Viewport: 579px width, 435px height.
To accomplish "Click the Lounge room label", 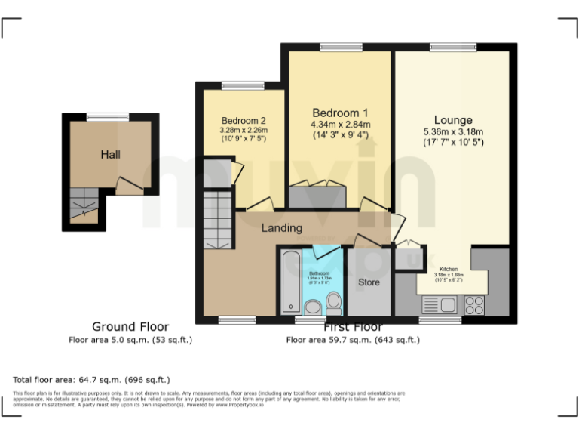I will click(x=453, y=120).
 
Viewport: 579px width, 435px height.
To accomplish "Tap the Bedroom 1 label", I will click(x=341, y=113).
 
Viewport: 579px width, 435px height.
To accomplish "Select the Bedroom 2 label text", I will click(x=244, y=121).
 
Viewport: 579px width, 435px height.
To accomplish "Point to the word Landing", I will click(x=281, y=227).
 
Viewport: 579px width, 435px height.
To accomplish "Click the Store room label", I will click(x=369, y=282).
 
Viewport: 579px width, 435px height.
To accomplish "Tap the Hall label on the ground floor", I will click(x=111, y=154).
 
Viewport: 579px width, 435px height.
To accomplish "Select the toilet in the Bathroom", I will click(x=334, y=304).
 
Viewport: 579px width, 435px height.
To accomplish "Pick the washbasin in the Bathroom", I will click(x=313, y=307).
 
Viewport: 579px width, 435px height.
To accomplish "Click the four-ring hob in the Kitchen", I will click(x=475, y=304).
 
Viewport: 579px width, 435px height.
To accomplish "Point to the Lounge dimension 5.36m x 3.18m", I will click(x=453, y=131).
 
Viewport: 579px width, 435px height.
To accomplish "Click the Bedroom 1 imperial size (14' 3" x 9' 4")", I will click(x=341, y=135).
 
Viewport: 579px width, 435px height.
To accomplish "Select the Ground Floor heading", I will click(x=130, y=326).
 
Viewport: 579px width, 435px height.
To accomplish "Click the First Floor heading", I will click(x=353, y=327).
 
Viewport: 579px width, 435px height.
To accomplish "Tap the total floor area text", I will click(x=91, y=379).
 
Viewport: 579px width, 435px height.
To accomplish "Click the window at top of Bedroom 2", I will click(x=242, y=85).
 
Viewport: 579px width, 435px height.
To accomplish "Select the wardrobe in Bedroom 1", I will click(x=317, y=196).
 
